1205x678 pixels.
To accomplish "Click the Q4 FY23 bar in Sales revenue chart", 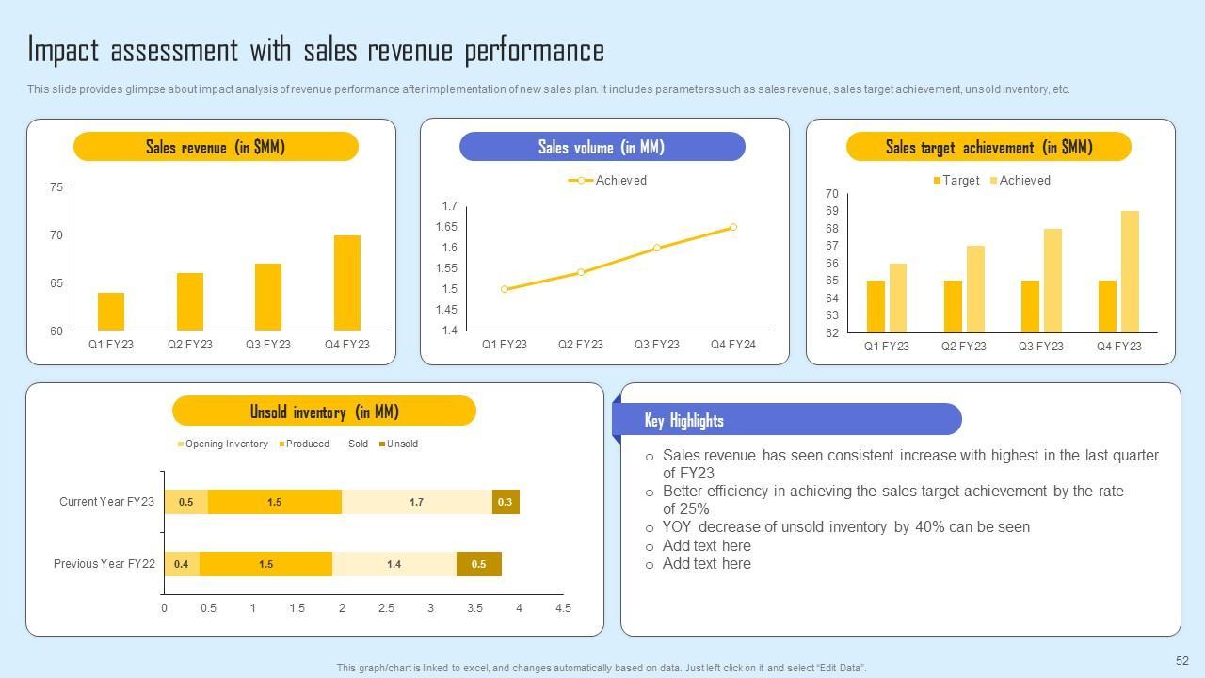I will click(346, 282).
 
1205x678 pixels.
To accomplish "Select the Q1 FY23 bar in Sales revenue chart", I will click(111, 312).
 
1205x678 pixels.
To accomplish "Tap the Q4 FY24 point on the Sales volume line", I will click(733, 227).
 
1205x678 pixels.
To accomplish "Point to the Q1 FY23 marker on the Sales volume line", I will click(505, 289).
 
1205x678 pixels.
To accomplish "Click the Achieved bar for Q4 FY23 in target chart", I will click(1130, 271).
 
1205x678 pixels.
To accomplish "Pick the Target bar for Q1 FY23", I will click(876, 306).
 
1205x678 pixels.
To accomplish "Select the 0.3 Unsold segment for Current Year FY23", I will click(506, 502).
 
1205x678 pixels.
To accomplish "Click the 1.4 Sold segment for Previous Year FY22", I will click(394, 564).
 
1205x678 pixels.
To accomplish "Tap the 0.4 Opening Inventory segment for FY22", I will click(182, 564).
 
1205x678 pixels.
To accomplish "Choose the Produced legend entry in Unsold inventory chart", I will click(307, 444).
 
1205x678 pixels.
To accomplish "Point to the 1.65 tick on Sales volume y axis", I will click(446, 227).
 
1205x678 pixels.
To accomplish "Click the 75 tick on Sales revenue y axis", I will click(56, 187).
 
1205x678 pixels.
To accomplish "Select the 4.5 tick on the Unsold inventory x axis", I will click(563, 608).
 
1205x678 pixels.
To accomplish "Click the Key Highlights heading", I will click(683, 420).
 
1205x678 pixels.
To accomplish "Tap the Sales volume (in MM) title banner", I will click(602, 147).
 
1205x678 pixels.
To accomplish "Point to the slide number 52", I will click(1182, 661).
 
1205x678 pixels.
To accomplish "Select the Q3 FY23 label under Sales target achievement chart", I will click(1040, 347).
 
